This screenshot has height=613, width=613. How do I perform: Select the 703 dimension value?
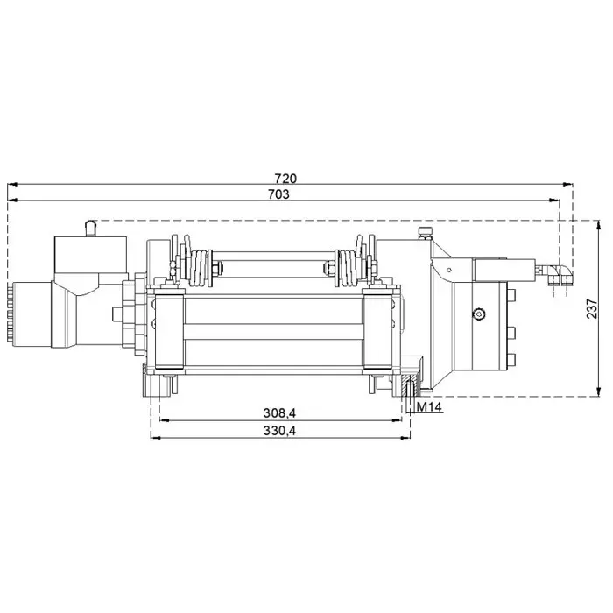pyautogui.click(x=278, y=194)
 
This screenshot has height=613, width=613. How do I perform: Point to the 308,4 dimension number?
pyautogui.click(x=278, y=412)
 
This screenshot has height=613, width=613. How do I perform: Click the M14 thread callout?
pyautogui.click(x=428, y=405)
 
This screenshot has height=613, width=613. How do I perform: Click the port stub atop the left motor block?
pyautogui.click(x=88, y=228)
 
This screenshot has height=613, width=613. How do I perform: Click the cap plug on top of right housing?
pyautogui.click(x=425, y=232)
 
